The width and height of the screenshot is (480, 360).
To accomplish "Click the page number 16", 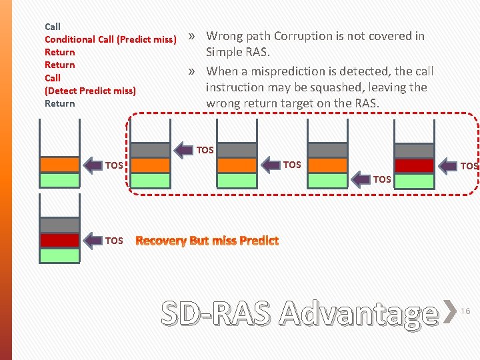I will [x=466, y=311].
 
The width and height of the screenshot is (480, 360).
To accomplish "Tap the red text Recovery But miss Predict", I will [x=207, y=241].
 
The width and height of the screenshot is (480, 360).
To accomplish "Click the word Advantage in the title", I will [x=359, y=313].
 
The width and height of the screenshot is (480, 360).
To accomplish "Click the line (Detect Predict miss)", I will [x=90, y=90].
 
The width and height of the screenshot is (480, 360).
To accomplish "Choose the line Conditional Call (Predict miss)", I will [x=110, y=39].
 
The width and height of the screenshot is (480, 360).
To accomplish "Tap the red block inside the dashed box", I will [x=414, y=165].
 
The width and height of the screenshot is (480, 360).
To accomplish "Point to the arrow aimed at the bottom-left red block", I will [x=92, y=241].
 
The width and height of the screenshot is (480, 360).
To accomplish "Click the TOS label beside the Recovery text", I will [x=114, y=241].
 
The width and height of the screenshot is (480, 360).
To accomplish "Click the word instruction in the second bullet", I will [x=236, y=87].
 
